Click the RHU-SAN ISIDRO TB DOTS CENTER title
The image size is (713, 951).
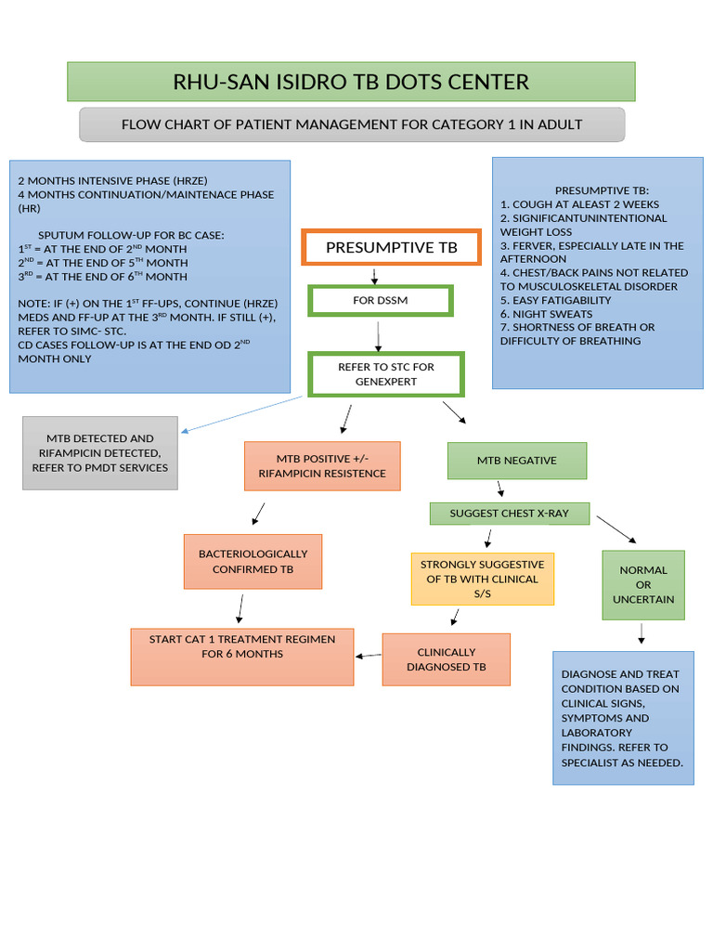click(351, 82)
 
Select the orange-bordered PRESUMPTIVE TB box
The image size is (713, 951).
click(391, 248)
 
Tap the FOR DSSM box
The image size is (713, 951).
click(380, 301)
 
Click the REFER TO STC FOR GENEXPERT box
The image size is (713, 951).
click(385, 374)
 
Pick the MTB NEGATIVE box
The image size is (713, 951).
click(516, 460)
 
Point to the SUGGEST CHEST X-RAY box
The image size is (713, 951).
click(509, 514)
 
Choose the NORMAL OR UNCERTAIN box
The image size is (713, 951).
click(643, 585)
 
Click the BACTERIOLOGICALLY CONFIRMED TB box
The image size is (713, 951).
click(253, 561)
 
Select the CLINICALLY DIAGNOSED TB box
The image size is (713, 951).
click(446, 659)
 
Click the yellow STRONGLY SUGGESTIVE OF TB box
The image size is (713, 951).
click(482, 579)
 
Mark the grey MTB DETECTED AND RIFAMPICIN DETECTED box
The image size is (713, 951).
click(99, 453)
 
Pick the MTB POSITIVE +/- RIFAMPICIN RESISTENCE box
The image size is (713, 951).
click(322, 466)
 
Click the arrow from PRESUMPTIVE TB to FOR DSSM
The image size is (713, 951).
click(373, 276)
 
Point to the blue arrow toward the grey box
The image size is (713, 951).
click(241, 414)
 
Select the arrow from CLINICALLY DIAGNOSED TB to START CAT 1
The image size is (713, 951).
click(369, 656)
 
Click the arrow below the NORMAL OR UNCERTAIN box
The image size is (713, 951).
click(642, 633)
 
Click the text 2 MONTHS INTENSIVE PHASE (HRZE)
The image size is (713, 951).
click(109, 180)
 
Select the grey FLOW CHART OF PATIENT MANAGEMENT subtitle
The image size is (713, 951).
click(352, 124)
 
